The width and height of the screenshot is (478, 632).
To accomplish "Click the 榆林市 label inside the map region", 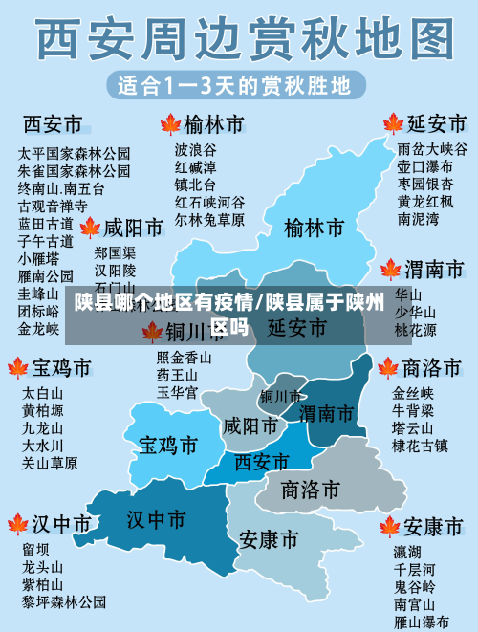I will pyautogui.click(x=314, y=229).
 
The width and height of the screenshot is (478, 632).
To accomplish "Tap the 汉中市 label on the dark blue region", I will pyautogui.click(x=156, y=519).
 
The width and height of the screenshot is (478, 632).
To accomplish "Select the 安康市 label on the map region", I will pyautogui.click(x=268, y=539).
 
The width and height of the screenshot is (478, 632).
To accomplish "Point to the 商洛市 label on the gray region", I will pyautogui.click(x=311, y=490).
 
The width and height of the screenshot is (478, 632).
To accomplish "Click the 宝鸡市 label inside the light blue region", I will pyautogui.click(x=168, y=445).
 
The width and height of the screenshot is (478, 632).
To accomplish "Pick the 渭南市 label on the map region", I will pyautogui.click(x=326, y=413).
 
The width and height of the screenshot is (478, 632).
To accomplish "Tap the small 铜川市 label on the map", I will pyautogui.click(x=280, y=396).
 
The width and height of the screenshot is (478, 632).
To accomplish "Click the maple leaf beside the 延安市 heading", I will pyautogui.click(x=393, y=124).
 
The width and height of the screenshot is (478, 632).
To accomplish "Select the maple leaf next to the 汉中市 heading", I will pyautogui.click(x=18, y=523).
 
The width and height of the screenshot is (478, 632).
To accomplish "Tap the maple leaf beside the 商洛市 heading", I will pyautogui.click(x=388, y=368).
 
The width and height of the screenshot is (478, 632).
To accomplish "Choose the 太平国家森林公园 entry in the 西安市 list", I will pyautogui.click(x=75, y=153).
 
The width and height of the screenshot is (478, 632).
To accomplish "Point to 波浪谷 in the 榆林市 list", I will pyautogui.click(x=195, y=150).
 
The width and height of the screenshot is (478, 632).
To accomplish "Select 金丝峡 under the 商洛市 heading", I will pyautogui.click(x=413, y=393).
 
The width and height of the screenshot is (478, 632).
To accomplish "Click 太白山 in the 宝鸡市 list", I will pyautogui.click(x=42, y=393).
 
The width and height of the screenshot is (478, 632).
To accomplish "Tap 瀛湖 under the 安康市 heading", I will pyautogui.click(x=407, y=552).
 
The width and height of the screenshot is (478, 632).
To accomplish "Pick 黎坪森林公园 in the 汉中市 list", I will pyautogui.click(x=64, y=601).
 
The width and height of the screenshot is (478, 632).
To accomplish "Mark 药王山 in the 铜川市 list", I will pyautogui.click(x=177, y=375).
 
